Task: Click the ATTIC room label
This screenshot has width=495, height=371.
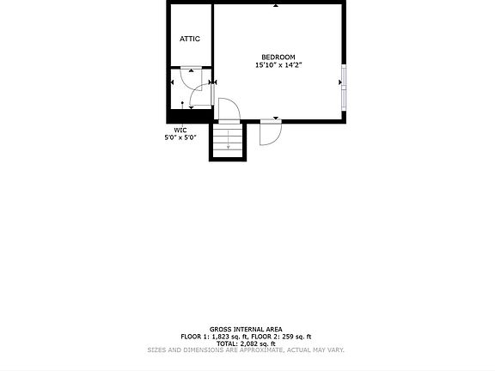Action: coord(190,39)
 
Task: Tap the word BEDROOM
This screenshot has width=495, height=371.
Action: coord(278,57)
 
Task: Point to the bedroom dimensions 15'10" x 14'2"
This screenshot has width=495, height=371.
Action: coord(278,65)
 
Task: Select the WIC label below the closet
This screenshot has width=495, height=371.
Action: coord(180,130)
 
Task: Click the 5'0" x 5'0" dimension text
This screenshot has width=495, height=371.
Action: coord(180,137)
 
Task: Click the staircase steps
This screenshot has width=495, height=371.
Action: coord(228,140)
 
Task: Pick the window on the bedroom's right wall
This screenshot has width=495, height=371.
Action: coord(344,86)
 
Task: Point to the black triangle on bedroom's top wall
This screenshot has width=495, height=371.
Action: coord(275,6)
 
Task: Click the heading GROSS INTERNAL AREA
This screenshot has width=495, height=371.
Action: coord(246,329)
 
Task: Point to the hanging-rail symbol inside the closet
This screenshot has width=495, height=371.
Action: coord(183,103)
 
